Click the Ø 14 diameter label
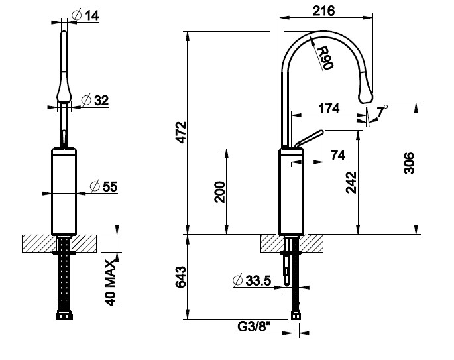coord(85,15)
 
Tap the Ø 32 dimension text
coord(95,101)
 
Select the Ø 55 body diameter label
coord(103,186)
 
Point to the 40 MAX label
coord(110,282)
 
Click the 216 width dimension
coord(323,11)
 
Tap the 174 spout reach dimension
coord(329,109)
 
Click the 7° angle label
coord(382,111)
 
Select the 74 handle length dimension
coord(338,155)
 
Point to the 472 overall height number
coord(182,133)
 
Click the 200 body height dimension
coord(219,192)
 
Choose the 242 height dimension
coord(351,182)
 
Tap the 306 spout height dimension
coord(409,163)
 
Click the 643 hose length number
coord(181,277)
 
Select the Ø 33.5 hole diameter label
coord(253,280)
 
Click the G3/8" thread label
coord(254,327)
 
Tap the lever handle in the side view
coord(309,139)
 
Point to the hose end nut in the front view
coord(64,316)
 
